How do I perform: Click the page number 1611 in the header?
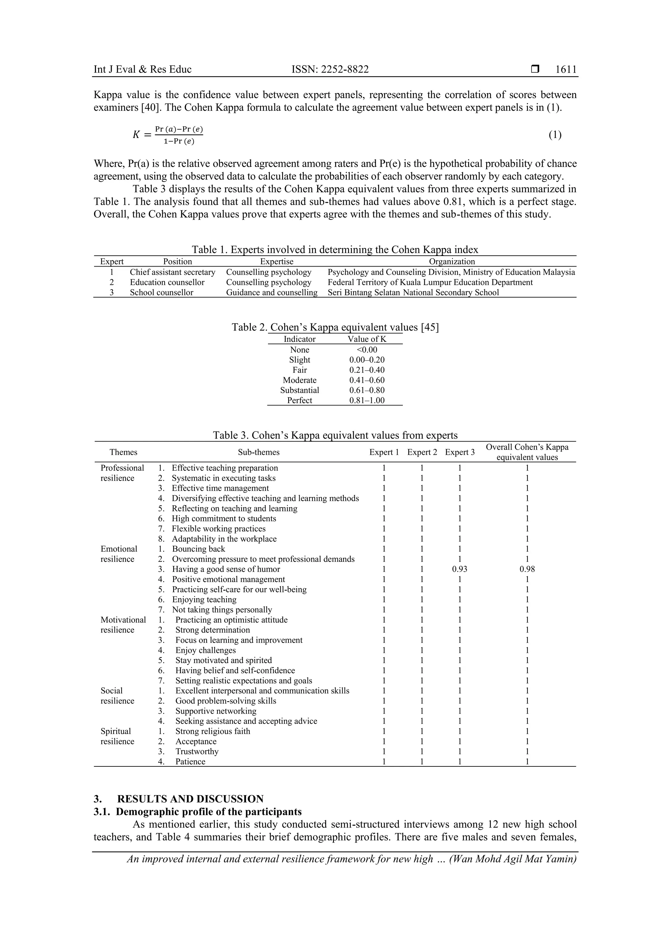[566, 69]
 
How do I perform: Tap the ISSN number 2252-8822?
[330, 69]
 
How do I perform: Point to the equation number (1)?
[555, 135]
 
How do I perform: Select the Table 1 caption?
[335, 250]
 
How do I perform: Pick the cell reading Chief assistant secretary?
[172, 272]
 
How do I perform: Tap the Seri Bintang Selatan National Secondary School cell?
[413, 292]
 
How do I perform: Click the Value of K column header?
[367, 339]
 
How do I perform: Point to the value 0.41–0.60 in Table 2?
[367, 380]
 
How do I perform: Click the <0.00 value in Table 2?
[367, 350]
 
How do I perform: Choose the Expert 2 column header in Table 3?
[422, 452]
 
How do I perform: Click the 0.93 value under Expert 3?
[459, 569]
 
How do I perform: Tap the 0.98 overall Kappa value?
[527, 569]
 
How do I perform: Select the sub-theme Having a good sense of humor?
[226, 569]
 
